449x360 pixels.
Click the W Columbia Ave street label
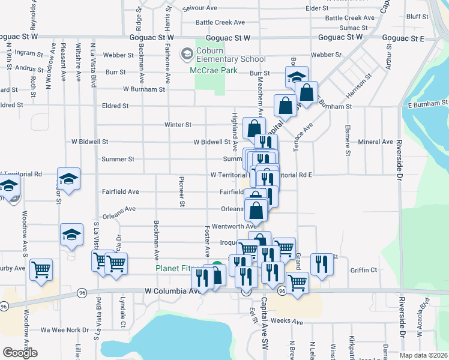point(171,290)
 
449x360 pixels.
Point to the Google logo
point(20,353)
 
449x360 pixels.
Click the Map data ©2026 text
point(424,355)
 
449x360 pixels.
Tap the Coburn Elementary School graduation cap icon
point(187,55)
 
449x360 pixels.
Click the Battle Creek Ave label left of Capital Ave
point(222,22)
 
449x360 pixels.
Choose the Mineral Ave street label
point(376,142)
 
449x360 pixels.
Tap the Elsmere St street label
point(347,141)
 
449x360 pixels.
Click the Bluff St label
point(416,17)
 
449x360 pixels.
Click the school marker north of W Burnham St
point(297,77)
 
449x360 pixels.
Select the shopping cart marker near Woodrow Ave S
point(41,269)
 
